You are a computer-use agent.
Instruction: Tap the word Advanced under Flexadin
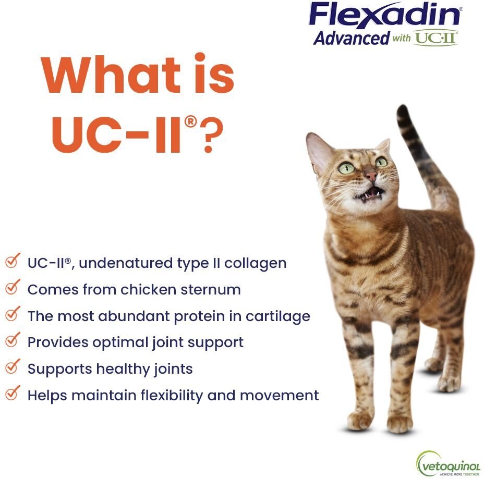[351, 38]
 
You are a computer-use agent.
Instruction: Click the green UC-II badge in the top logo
[436, 38]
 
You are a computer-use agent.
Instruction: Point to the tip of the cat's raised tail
[402, 110]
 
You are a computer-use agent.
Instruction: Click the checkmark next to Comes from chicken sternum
[13, 288]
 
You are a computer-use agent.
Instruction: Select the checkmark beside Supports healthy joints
[13, 367]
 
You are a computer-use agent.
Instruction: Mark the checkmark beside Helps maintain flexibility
[13, 394]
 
